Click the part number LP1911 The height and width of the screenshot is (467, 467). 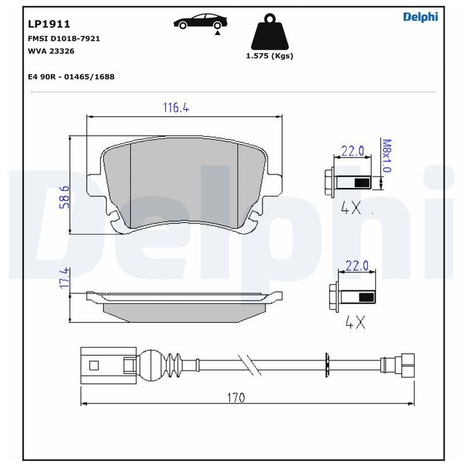point(49,24)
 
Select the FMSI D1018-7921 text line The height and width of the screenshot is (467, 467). point(64,39)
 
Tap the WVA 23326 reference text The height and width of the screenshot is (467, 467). point(51,51)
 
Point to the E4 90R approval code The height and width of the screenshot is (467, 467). point(71,76)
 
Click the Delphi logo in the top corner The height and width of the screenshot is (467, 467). point(420,17)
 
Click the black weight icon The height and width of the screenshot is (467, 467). point(270,32)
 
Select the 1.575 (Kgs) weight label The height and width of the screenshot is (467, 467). point(270,55)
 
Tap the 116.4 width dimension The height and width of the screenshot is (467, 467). point(176,107)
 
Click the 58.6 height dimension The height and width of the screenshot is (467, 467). point(64,197)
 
